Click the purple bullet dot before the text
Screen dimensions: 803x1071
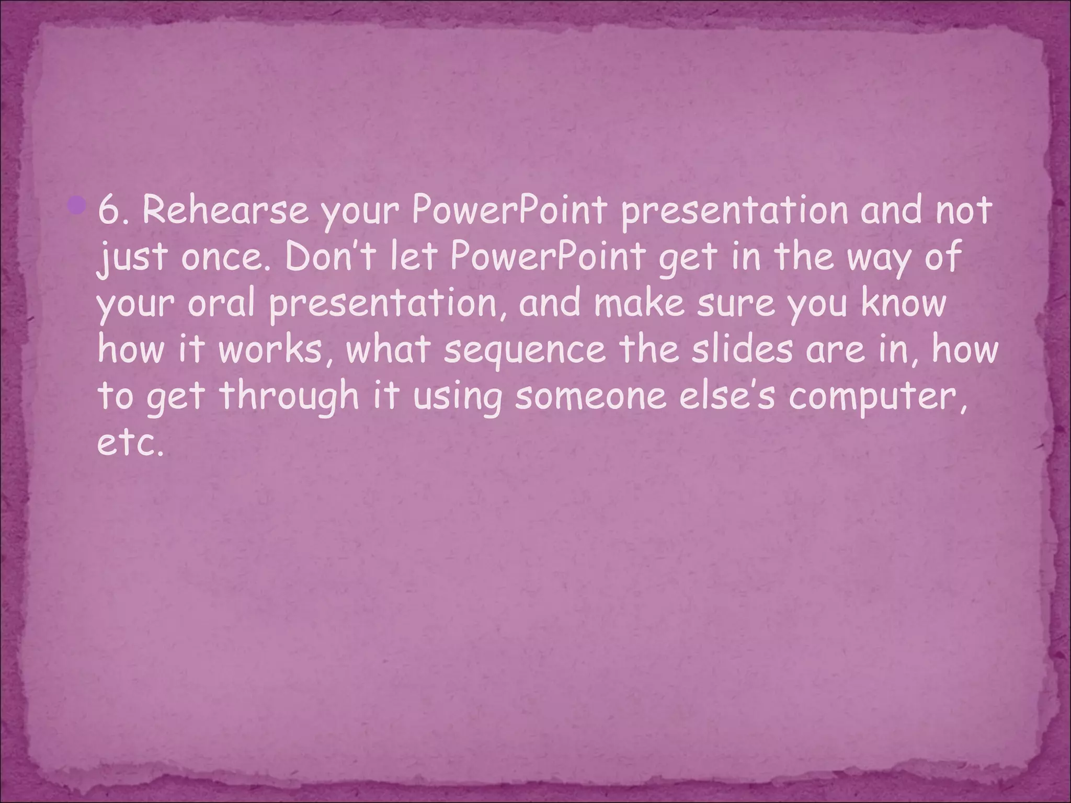76,205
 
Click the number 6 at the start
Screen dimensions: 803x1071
107,211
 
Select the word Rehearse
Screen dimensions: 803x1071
225,211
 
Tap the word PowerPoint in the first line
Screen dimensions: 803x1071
508,211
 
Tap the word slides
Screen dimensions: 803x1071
742,349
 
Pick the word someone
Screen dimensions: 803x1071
590,396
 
